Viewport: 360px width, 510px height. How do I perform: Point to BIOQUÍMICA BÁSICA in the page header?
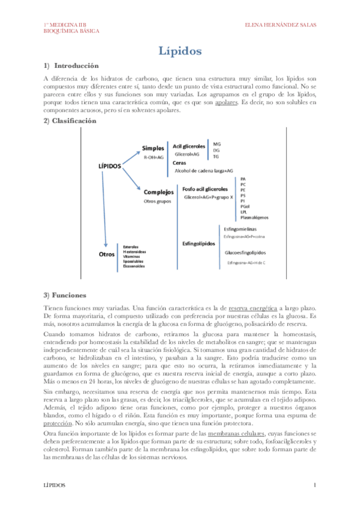tap(72, 31)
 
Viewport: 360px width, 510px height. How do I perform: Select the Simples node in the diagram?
tap(153, 148)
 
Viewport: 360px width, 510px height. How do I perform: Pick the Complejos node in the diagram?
tap(159, 192)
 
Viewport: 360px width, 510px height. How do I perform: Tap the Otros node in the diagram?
tap(106, 255)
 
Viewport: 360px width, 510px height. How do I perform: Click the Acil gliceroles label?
tap(190, 146)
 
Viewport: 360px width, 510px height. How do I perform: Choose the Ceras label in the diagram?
tap(179, 162)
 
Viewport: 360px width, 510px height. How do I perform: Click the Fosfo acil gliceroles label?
tap(204, 189)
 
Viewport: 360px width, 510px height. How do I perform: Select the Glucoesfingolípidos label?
tap(246, 253)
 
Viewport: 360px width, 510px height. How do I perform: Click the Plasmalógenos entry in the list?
tap(254, 217)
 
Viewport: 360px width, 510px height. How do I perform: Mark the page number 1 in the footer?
tap(314, 485)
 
